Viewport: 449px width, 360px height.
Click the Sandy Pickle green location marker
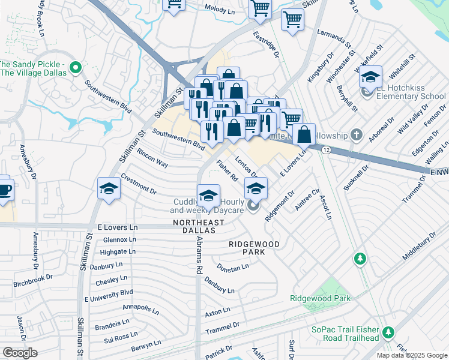tap(76, 68)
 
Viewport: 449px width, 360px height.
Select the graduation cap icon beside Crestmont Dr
tap(109, 189)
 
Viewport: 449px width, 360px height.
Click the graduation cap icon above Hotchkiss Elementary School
tap(371, 77)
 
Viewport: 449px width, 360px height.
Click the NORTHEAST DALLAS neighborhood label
tap(198, 223)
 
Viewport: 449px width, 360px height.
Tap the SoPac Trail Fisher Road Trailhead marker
tap(388, 332)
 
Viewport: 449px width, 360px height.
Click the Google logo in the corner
tap(20, 352)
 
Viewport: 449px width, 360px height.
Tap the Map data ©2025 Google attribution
tap(412, 355)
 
